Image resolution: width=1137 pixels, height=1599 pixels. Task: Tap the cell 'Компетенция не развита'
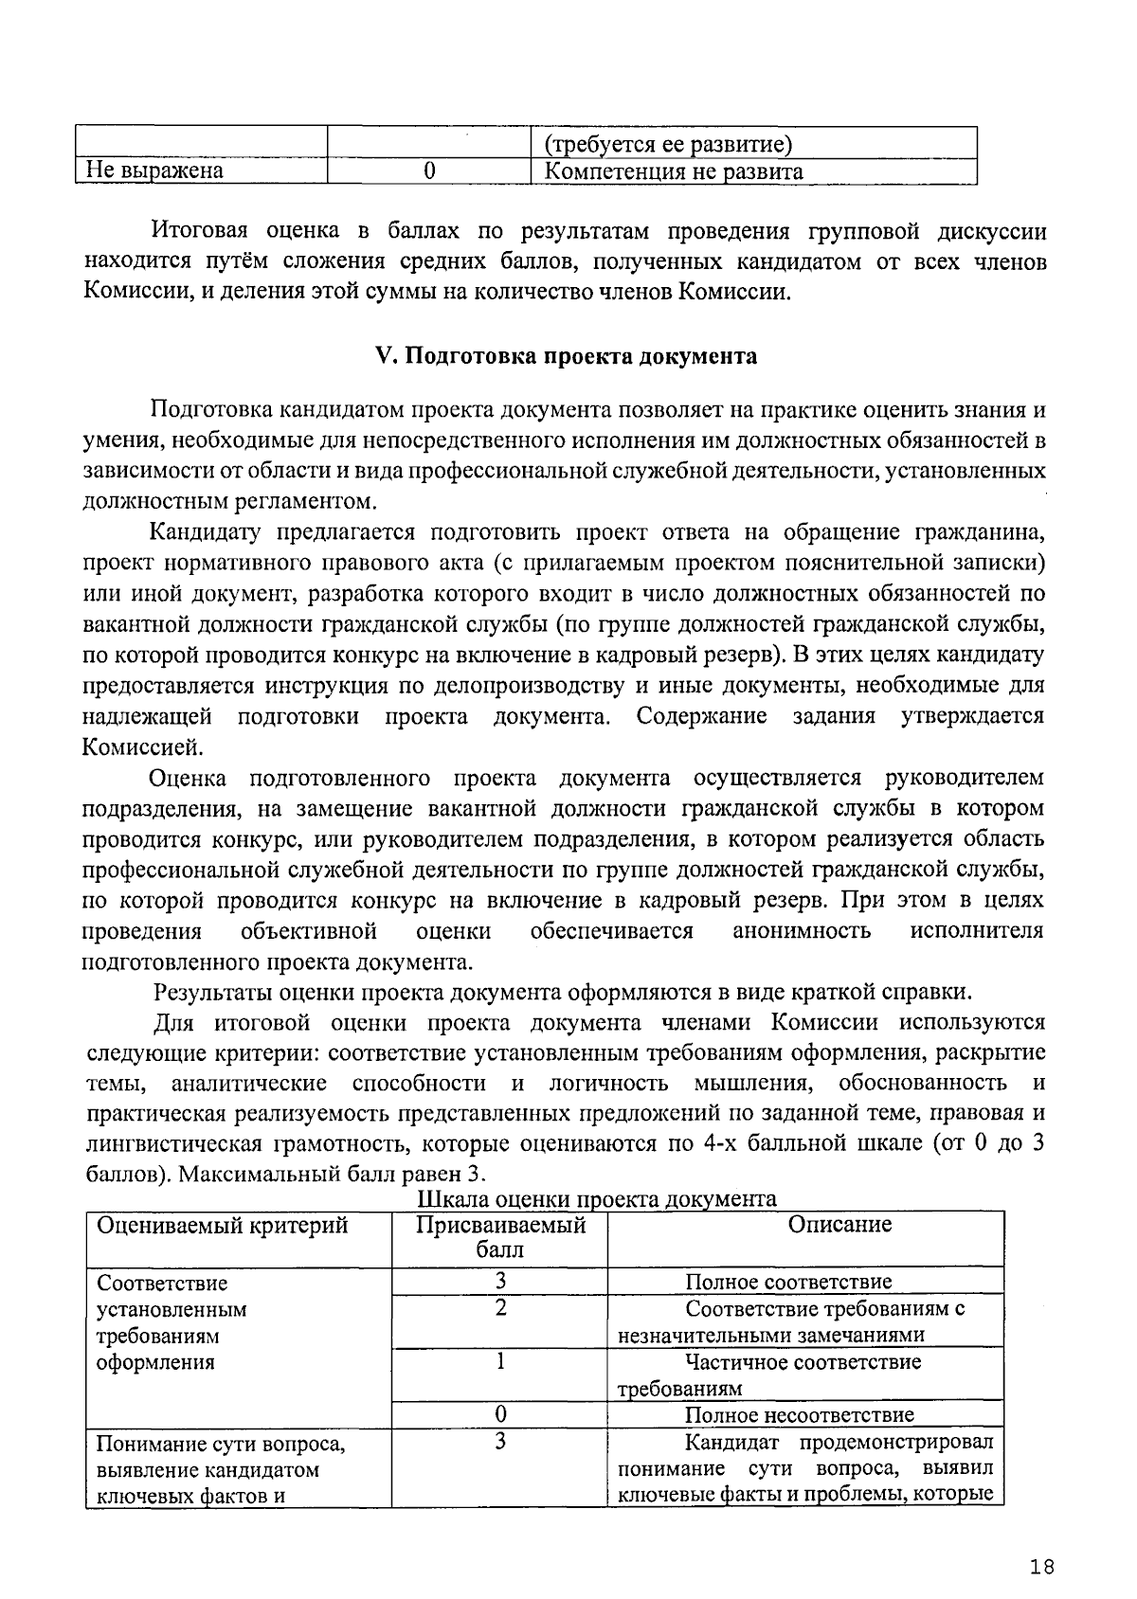[675, 171]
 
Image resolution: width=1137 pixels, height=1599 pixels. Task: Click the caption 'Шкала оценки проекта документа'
[597, 1198]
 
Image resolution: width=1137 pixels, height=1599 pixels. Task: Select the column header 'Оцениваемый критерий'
[223, 1225]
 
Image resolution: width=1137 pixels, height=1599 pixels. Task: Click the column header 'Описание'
[839, 1225]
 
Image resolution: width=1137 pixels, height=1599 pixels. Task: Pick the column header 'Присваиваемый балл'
[499, 1237]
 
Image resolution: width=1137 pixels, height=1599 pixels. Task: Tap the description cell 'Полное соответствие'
[788, 1283]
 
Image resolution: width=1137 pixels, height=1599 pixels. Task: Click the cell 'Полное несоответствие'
[800, 1415]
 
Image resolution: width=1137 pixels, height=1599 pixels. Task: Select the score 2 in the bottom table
[499, 1309]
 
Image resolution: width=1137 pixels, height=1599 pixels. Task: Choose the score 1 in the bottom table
[499, 1362]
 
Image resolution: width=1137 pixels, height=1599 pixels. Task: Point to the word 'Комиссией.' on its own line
[142, 746]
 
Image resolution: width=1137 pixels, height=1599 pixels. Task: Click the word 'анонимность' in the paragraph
[802, 930]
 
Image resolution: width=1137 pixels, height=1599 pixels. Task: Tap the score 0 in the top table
[429, 171]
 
